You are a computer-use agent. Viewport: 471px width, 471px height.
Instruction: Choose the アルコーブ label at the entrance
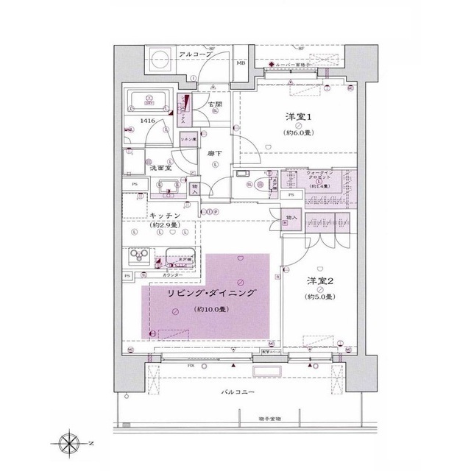point(194,55)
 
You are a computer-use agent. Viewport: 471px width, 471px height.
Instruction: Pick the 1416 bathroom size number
point(147,120)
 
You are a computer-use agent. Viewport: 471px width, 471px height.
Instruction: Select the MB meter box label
point(241,63)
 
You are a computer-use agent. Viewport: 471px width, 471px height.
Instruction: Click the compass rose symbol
point(68,444)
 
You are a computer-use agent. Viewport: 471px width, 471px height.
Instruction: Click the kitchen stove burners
point(139,256)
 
